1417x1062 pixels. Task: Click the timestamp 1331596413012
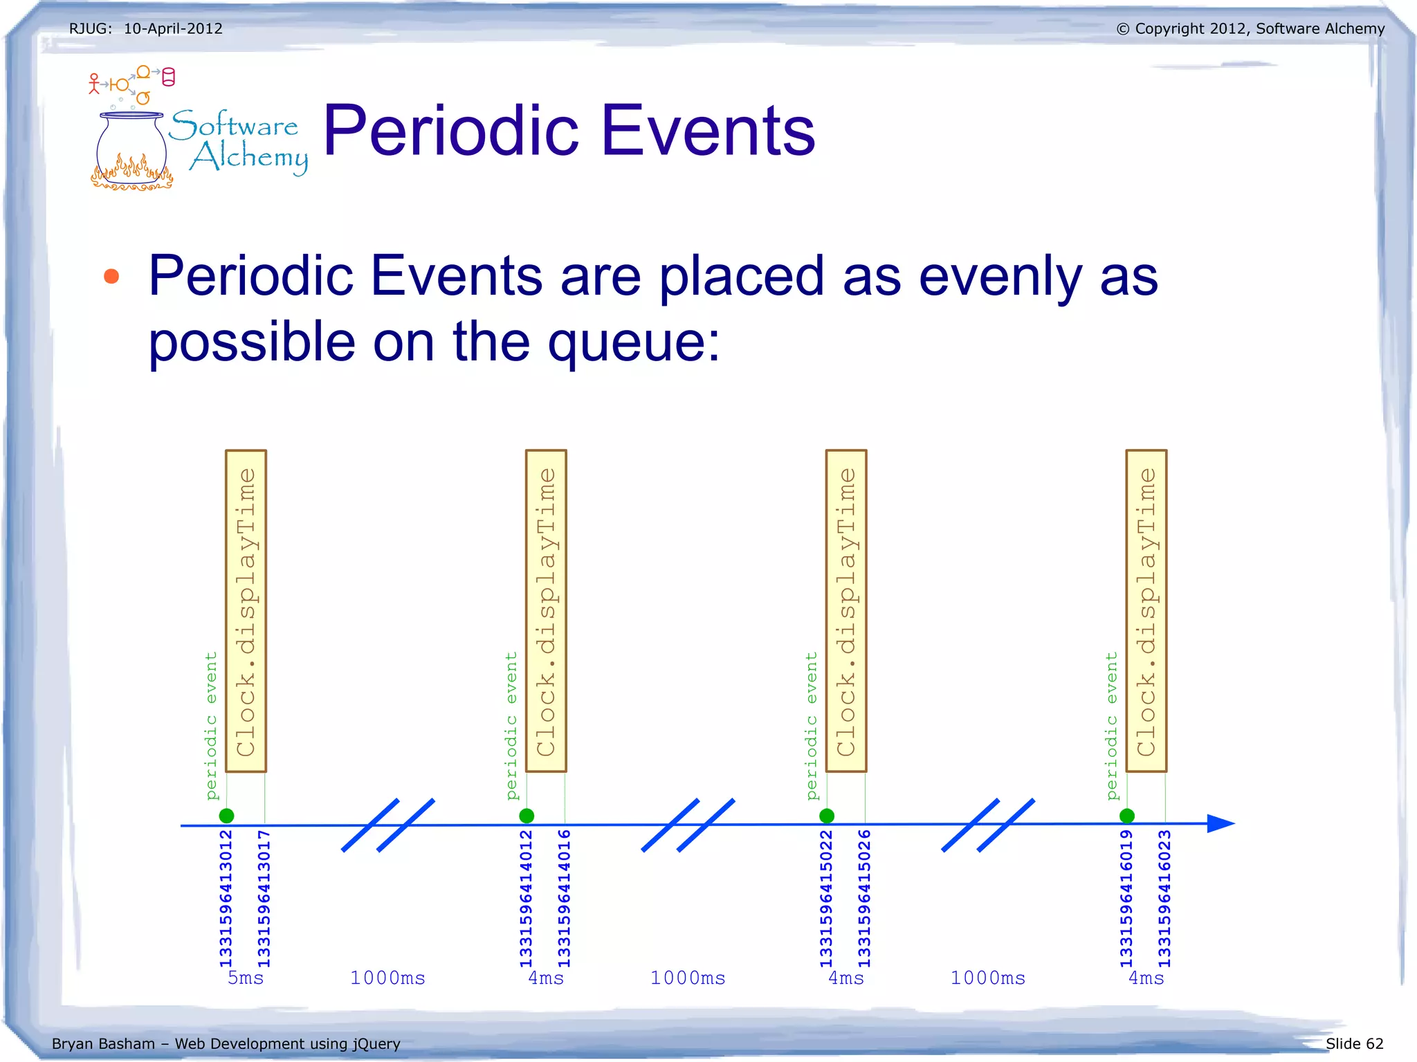tap(226, 898)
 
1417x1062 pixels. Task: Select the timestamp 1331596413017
tap(264, 898)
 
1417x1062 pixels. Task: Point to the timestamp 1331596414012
tap(526, 898)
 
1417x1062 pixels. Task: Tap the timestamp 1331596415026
tap(864, 898)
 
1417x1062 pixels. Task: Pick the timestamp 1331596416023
tap(1164, 898)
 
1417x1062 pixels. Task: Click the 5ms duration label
tap(246, 978)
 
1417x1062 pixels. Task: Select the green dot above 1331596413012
tap(226, 816)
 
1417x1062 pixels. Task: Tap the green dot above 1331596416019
tap(1126, 816)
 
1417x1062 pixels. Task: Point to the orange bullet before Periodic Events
tap(111, 277)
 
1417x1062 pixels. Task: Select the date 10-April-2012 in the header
tap(173, 28)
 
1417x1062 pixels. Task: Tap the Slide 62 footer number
tap(1354, 1043)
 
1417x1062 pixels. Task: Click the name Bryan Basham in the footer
tap(103, 1043)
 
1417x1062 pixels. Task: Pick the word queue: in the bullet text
tap(634, 342)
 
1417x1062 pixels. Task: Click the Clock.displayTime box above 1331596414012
tap(546, 611)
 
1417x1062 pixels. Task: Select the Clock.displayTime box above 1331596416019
tap(1146, 611)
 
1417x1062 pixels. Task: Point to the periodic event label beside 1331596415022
tap(811, 725)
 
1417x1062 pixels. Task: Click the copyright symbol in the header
tap(1123, 29)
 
